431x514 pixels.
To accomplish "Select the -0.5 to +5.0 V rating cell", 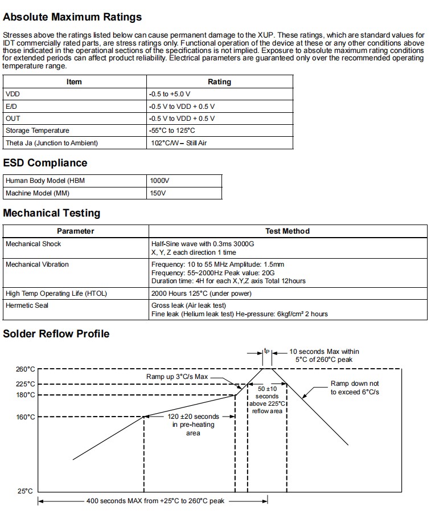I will [169, 93].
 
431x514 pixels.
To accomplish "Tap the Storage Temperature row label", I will [38, 130].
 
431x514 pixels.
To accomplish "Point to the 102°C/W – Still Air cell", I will [178, 143].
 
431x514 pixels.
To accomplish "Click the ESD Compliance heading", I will [46, 163].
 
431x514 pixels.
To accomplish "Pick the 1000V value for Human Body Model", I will [159, 181].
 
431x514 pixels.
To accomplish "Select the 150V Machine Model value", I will [158, 193].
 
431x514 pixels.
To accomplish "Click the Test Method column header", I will [288, 231].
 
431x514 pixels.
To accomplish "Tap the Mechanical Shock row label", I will [33, 244].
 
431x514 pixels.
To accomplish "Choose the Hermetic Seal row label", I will [27, 305].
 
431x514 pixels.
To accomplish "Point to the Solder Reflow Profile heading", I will [56, 333].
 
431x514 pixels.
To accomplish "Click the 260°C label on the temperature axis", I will [25, 369].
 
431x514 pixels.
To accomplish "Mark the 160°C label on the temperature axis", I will [25, 417].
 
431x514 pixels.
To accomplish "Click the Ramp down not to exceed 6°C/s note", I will [355, 388].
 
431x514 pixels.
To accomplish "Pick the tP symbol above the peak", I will [266, 352].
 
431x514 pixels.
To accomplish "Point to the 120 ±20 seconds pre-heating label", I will [194, 425].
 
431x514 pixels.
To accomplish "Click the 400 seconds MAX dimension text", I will [155, 501].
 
